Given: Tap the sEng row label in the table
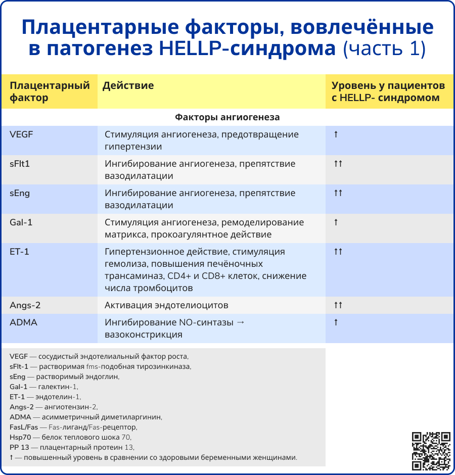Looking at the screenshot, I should tap(20, 193).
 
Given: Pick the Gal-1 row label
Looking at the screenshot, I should tap(21, 222).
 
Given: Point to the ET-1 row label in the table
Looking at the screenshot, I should tap(19, 252).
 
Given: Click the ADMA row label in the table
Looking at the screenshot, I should tap(23, 322).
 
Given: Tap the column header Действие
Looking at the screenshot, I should tap(128, 85).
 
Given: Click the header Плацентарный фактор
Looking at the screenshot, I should tap(50, 91).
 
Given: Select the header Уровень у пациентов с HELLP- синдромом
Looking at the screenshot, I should tap(388, 91).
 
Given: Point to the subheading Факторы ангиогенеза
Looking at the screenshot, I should tap(227, 117).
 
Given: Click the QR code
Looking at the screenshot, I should tap(431, 451).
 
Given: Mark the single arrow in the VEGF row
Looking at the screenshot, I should tap(336, 134).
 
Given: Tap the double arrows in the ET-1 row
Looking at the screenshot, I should tap(338, 252).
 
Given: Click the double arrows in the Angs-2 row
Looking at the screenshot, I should tap(338, 305).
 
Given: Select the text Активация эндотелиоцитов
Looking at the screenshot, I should tap(166, 305).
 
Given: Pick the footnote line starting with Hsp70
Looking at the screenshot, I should tap(70, 437).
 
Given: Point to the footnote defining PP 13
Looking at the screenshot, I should tap(72, 447).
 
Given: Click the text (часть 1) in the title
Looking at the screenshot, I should tap(385, 49).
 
